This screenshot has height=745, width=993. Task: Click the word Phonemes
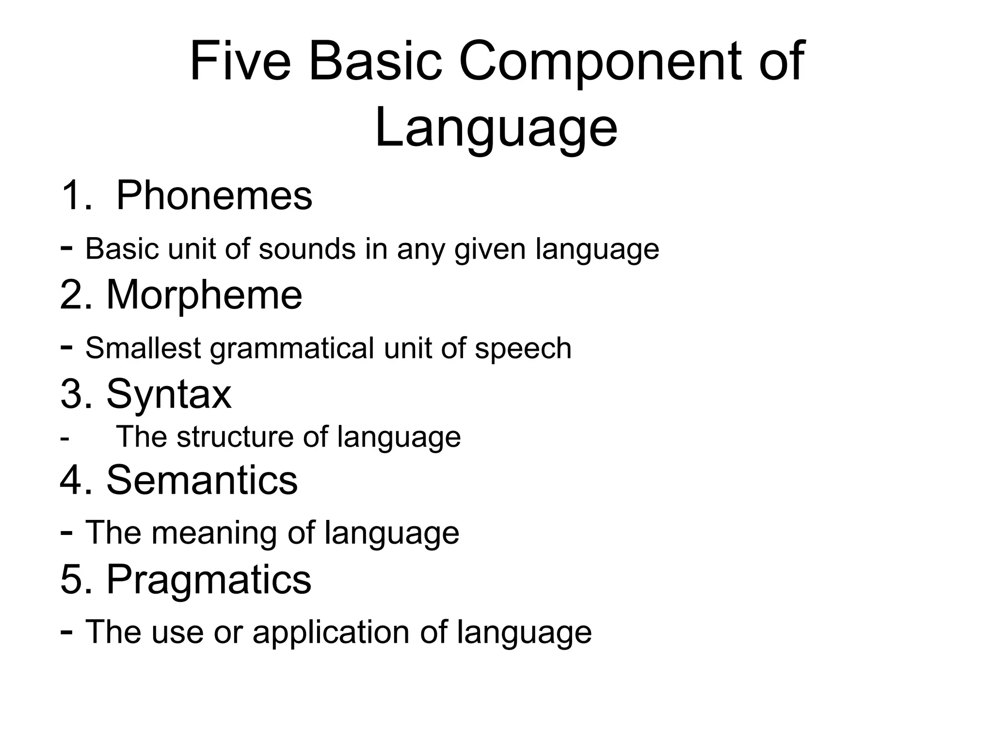(214, 195)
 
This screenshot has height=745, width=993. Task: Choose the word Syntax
(169, 394)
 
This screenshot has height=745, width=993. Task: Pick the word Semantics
(202, 480)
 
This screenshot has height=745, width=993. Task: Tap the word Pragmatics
(208, 579)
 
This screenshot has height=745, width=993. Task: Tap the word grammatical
(292, 349)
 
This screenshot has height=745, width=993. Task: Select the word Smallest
(143, 348)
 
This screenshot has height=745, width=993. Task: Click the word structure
(235, 437)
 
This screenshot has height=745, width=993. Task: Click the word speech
(523, 349)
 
